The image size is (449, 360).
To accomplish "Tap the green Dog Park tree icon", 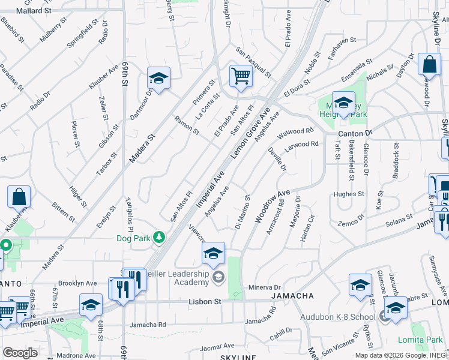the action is (x=158, y=238).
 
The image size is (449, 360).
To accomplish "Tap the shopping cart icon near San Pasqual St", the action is (x=241, y=77).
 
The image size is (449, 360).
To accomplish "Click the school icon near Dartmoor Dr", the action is (x=158, y=79).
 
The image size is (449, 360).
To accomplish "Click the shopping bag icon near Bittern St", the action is (x=19, y=197).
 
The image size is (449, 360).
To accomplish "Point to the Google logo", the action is (x=20, y=353).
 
